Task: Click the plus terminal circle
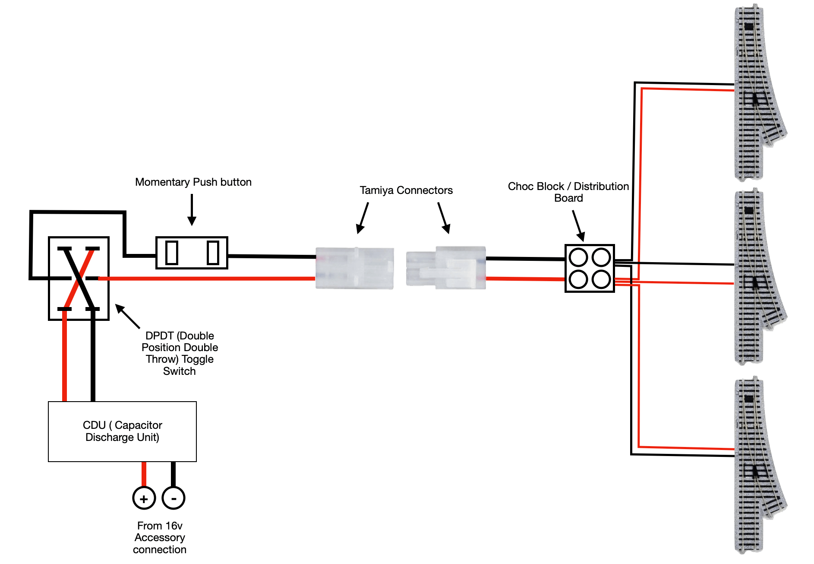coord(144,498)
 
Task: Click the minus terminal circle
coord(174,498)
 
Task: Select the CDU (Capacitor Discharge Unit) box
coord(122,431)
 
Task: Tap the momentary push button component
coord(192,253)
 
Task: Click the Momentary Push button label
coord(193,182)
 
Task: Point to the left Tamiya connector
coord(354,268)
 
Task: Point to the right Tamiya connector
coord(446,268)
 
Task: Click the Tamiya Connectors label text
coord(406,190)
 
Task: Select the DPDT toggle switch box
coord(79,279)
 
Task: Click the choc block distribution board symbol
coord(590,268)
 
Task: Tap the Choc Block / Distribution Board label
coord(568,192)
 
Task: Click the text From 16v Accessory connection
coord(160,537)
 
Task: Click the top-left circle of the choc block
coord(578,258)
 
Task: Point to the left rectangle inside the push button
coord(172,253)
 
